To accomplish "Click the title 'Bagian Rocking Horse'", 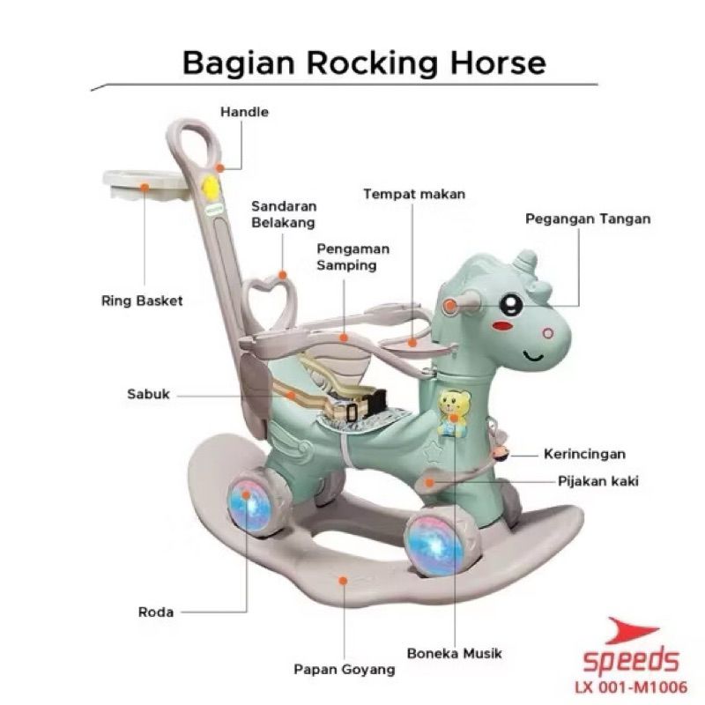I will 363,63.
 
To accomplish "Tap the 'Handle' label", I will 245,112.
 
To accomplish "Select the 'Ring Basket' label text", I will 142,301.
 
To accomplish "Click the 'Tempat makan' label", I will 414,193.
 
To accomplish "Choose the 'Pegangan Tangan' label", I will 588,218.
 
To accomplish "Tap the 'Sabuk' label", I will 147,395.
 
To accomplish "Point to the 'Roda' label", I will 156,611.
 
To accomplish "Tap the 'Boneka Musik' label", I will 455,654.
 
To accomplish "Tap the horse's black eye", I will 510,304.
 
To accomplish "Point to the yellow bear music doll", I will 454,412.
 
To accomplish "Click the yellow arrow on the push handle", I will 210,188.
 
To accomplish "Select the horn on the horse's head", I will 525,261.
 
